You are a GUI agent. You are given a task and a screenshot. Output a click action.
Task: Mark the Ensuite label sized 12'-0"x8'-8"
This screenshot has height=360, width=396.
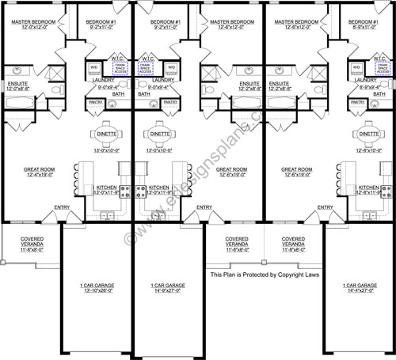(x=19, y=85)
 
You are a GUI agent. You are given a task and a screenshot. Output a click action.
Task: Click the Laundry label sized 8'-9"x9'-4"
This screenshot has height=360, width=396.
(x=365, y=83)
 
